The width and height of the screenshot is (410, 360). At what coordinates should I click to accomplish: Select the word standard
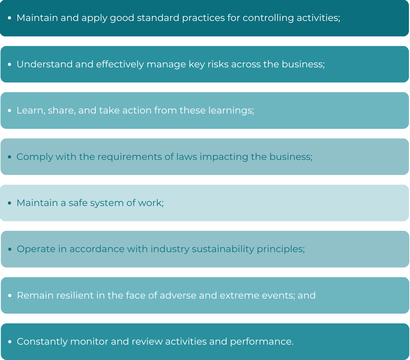pyautogui.click(x=158, y=18)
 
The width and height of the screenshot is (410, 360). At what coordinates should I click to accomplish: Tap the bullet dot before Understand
pyautogui.click(x=10, y=64)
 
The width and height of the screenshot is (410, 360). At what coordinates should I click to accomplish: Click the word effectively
pyautogui.click(x=120, y=64)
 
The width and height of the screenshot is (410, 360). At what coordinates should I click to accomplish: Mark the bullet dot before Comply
pyautogui.click(x=10, y=157)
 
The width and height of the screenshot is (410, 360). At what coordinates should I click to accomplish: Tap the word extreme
pyautogui.click(x=239, y=295)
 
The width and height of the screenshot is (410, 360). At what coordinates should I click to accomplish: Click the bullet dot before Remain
pyautogui.click(x=10, y=295)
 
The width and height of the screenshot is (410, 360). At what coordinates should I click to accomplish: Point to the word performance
pyautogui.click(x=262, y=342)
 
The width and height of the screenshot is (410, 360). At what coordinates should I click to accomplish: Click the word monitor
pyautogui.click(x=89, y=342)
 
